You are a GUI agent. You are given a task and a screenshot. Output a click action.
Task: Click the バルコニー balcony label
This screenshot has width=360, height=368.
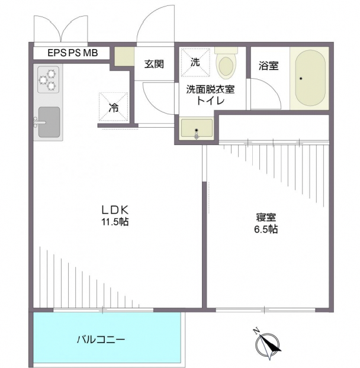point(100,340)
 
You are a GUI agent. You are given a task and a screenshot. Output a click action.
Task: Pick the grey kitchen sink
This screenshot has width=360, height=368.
point(49,122)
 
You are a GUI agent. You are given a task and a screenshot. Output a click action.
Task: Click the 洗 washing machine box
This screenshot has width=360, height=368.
point(195,62)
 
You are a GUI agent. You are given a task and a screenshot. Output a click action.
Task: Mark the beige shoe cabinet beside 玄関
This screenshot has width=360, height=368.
point(124,56)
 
